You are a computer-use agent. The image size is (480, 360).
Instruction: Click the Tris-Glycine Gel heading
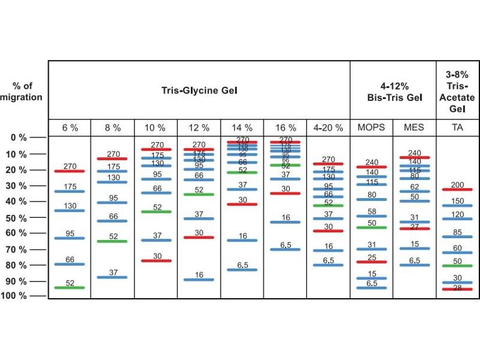pos(200,91)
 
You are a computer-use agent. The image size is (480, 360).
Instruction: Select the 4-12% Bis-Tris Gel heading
pos(393,91)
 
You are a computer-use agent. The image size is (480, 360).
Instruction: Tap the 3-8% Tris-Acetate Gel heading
pos(458,91)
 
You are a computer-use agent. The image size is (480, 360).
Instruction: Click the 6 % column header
pos(70,128)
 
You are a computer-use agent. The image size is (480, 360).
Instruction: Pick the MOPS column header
pos(371,128)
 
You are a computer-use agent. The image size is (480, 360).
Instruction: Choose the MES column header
pos(415,128)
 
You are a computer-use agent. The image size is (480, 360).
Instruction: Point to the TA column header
pos(457,128)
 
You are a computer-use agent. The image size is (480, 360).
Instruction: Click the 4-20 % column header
pos(328,128)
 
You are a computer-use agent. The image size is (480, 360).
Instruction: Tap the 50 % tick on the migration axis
pos(18,217)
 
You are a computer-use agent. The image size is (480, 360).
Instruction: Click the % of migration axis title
pos(22,92)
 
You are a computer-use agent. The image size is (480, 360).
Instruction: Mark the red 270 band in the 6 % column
pos(70,171)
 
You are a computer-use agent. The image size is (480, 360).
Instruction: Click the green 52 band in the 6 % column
pos(70,287)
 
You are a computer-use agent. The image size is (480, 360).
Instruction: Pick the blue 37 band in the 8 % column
pos(113,277)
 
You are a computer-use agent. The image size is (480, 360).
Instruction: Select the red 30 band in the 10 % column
pos(157,260)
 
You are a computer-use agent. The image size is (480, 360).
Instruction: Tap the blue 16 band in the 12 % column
pos(199,280)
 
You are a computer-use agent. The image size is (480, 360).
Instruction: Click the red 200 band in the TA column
pos(457,190)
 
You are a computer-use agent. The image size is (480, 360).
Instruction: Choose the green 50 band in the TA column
pos(457,265)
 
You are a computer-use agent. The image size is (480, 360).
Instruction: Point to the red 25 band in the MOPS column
pos(371,262)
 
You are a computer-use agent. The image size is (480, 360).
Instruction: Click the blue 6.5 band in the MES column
pos(415,265)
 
